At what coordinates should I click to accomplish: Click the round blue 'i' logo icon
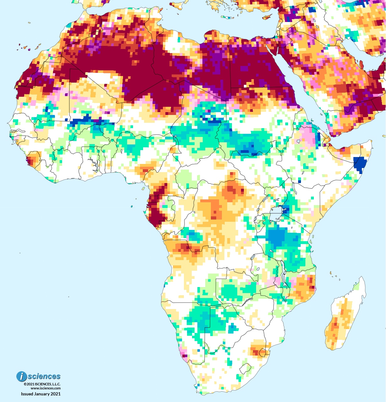(x=22, y=376)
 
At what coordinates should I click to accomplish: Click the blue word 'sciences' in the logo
(x=44, y=376)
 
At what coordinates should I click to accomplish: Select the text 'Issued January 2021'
(x=40, y=394)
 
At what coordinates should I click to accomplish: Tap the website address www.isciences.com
(x=46, y=388)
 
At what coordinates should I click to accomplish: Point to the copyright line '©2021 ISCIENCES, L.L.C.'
(x=42, y=384)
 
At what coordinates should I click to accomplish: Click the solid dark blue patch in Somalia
(x=359, y=164)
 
